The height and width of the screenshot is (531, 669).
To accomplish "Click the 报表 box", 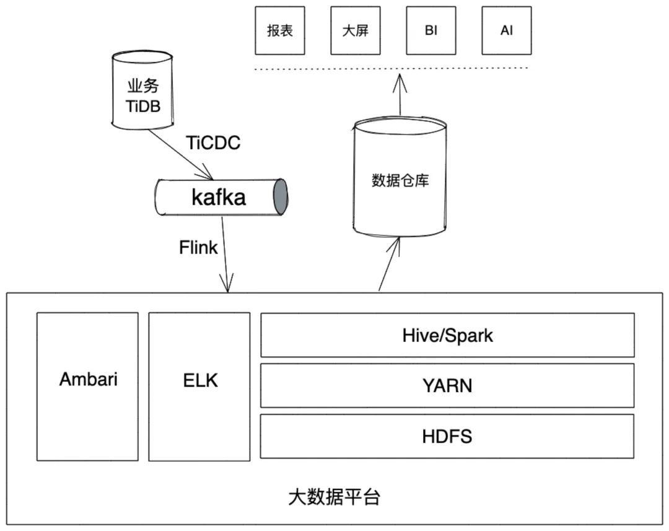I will [280, 30].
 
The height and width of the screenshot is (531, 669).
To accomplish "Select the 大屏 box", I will [355, 30].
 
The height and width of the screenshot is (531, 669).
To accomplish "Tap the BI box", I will [431, 30].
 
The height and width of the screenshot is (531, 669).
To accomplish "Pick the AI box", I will [507, 30].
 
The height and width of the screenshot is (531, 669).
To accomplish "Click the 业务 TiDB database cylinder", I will [142, 93].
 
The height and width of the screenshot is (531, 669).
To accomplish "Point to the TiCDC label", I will [213, 143].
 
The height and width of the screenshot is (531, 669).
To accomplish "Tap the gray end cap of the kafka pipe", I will [281, 197].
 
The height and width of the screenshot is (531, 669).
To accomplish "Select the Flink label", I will [198, 248].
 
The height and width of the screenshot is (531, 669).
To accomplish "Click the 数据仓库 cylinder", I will [400, 180].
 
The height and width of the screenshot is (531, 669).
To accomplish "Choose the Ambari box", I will [88, 380].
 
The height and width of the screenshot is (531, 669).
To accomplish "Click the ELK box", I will [199, 380].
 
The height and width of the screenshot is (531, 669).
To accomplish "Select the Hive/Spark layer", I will [447, 335].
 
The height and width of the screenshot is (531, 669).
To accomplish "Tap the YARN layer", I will [447, 385].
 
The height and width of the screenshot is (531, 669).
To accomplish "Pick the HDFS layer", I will [447, 436].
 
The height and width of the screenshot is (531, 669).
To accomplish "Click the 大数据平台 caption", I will [334, 497].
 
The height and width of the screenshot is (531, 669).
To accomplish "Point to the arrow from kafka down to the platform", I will [225, 254].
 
